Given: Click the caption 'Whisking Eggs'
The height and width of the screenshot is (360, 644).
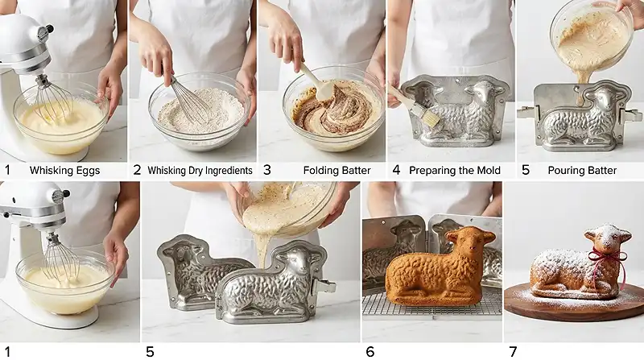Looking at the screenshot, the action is [64, 171].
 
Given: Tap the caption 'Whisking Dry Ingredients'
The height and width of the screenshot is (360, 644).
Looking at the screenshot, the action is [200, 171].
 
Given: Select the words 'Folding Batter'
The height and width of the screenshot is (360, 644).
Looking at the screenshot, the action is [336, 171].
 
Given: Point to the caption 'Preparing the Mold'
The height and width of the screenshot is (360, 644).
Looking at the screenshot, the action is [455, 171].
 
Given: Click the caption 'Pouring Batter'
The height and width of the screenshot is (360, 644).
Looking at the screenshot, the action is [582, 171].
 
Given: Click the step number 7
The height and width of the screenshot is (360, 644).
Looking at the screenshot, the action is [513, 352].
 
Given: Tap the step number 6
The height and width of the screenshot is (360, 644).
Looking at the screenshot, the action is [370, 352].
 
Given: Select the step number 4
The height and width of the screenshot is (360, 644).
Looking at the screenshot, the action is [396, 170].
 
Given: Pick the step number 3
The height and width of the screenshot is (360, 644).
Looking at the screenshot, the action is [267, 170].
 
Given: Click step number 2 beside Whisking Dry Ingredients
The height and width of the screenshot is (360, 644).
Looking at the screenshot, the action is [137, 170].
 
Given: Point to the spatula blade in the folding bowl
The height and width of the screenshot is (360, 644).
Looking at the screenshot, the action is [324, 92].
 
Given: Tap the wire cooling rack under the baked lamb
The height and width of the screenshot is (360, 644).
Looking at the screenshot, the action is [432, 306].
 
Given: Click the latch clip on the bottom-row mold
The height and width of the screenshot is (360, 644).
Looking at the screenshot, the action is [324, 285].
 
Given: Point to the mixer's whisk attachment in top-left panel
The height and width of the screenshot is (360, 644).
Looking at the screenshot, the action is [52, 100].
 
